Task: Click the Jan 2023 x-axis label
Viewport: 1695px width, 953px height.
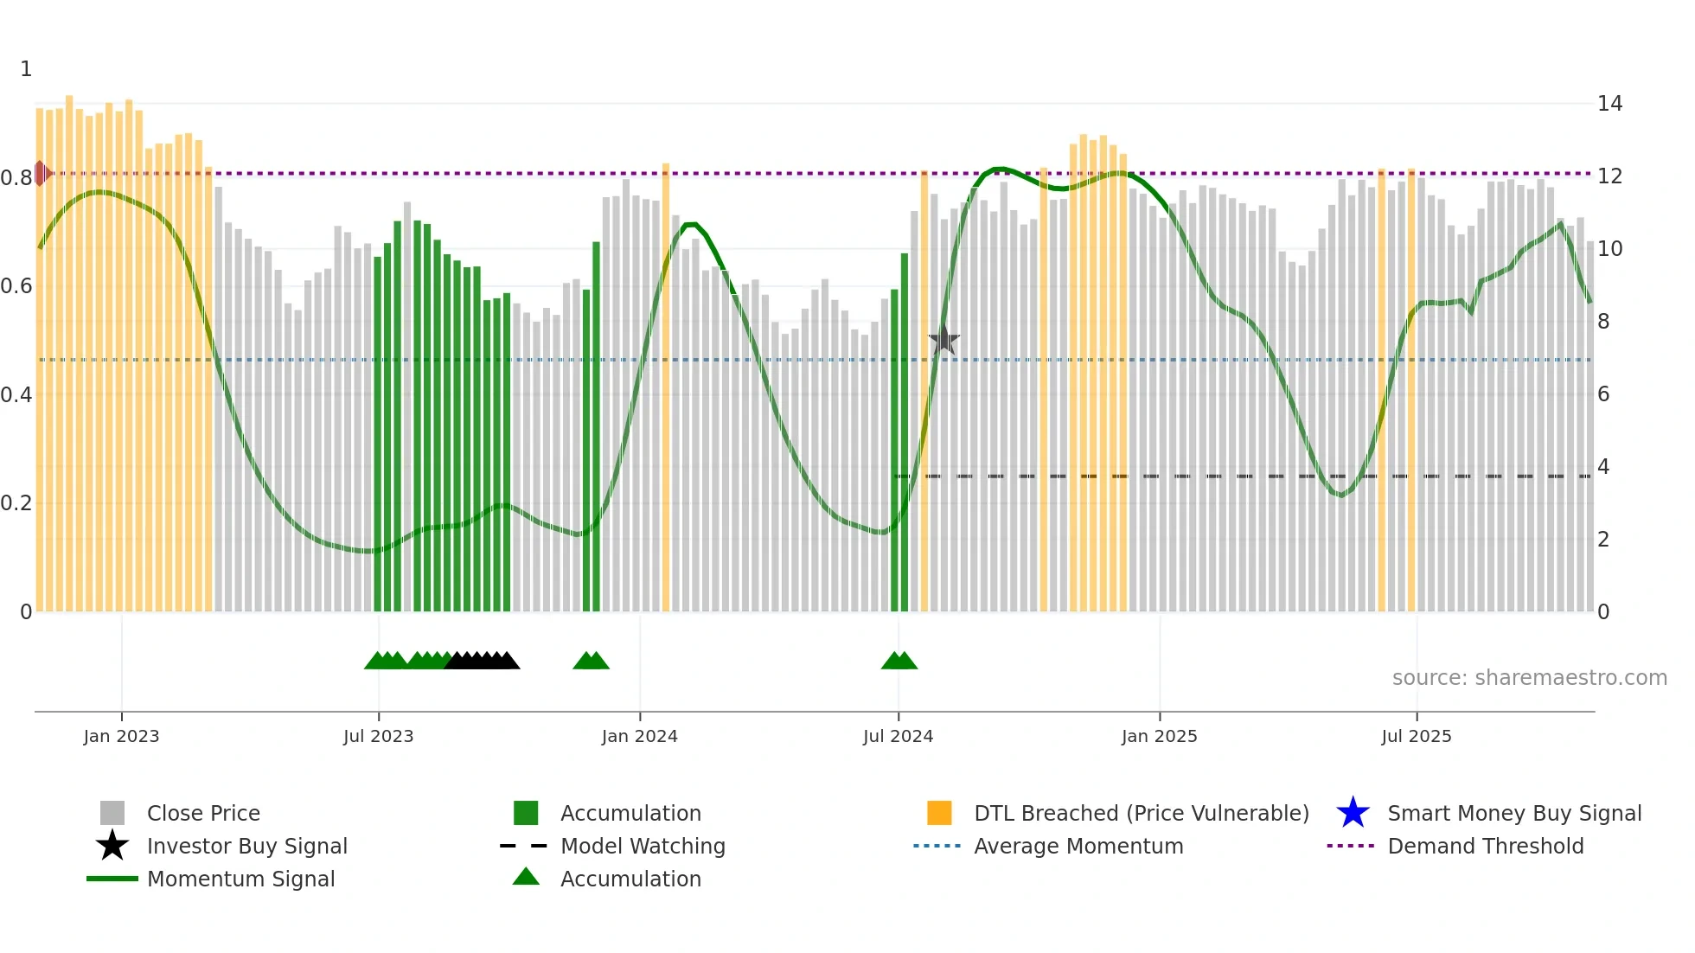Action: click(121, 736)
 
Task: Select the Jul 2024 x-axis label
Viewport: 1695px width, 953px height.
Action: click(898, 736)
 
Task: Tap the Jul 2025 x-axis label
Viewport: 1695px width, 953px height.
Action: click(1416, 736)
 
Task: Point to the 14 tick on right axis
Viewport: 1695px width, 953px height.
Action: click(1609, 104)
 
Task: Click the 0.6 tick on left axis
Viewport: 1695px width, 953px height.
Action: click(16, 286)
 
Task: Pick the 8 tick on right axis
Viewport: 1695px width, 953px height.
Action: click(1603, 322)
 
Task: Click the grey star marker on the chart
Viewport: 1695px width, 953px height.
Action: click(943, 340)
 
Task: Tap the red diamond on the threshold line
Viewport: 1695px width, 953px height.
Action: click(41, 173)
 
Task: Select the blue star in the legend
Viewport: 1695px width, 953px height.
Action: click(1353, 813)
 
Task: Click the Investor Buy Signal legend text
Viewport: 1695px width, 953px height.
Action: click(246, 846)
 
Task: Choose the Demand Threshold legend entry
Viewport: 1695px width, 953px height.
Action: click(1485, 846)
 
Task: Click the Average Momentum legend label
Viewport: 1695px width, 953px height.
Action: click(1078, 846)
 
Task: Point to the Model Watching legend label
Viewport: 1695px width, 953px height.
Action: click(643, 846)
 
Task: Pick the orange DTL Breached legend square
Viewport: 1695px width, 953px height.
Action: click(939, 813)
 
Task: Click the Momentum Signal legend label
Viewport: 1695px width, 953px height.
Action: click(240, 879)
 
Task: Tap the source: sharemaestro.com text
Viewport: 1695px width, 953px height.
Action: click(1529, 678)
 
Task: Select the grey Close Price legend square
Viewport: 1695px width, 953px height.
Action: click(112, 813)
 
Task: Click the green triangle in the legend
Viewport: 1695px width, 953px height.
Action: click(526, 878)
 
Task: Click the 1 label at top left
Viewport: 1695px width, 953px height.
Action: click(26, 69)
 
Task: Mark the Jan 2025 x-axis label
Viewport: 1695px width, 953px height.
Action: click(1159, 736)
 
